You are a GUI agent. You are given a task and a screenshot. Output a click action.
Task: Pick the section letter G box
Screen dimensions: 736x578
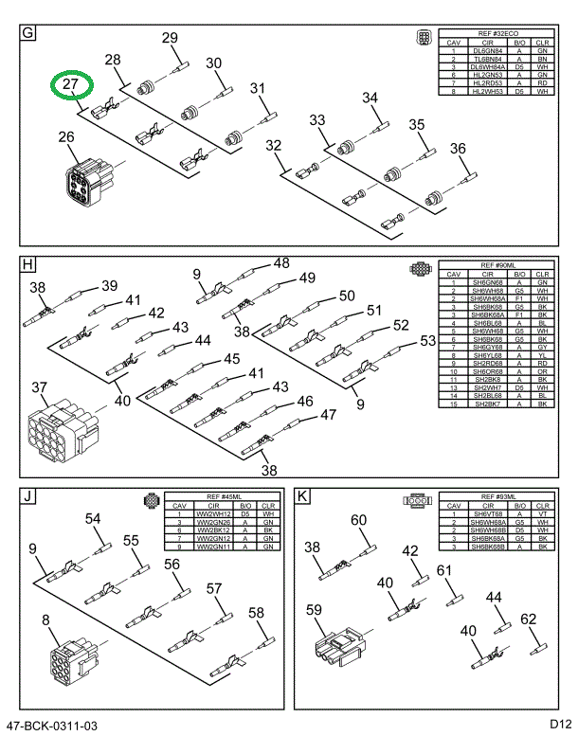[28, 35]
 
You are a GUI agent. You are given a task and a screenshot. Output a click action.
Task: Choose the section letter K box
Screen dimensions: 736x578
[302, 495]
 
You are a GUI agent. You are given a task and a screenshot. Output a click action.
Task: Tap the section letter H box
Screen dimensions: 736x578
[28, 264]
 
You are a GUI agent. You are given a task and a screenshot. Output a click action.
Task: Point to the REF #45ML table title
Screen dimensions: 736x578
[224, 496]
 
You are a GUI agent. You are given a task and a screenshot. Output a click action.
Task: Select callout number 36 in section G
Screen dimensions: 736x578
[459, 148]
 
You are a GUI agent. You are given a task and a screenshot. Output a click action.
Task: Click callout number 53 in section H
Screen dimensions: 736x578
[428, 340]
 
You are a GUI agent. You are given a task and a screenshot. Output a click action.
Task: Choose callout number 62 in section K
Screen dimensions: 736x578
[528, 619]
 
